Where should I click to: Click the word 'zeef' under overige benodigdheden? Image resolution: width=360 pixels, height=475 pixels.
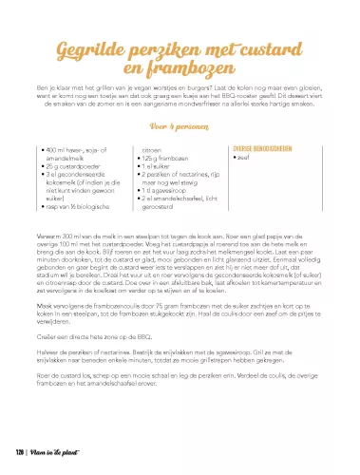(242, 159)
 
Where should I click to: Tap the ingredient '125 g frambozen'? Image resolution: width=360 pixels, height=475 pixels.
(164, 159)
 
